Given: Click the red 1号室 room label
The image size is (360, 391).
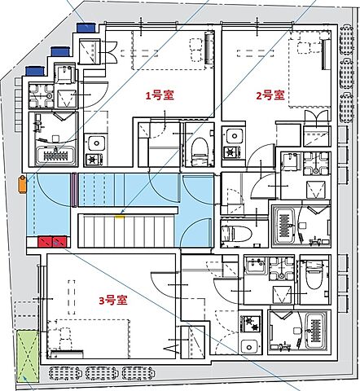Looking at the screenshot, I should pyautogui.click(x=160, y=95).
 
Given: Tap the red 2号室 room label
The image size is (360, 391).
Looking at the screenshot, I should pyautogui.click(x=270, y=95).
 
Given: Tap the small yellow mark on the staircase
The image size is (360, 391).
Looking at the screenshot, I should pyautogui.click(x=121, y=216).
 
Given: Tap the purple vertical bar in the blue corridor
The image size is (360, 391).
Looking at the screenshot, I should pyautogui.click(x=73, y=188).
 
